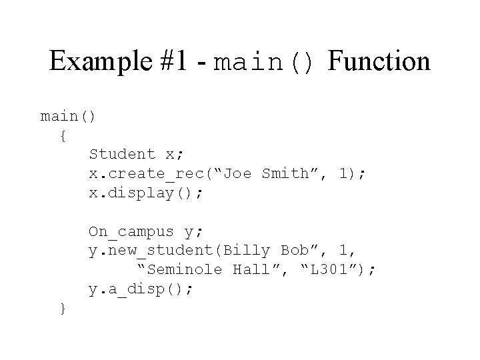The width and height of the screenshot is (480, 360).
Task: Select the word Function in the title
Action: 379,62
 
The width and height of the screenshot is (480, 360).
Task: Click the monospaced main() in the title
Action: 264,64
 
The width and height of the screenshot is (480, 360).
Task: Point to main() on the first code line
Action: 69,117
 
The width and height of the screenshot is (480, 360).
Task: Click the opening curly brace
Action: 62,135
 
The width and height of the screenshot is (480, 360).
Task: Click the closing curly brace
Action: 62,308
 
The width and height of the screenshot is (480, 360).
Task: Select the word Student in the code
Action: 122,154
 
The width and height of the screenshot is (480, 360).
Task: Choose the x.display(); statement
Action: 146,193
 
